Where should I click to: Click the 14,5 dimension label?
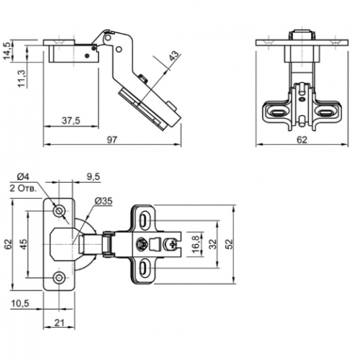6,51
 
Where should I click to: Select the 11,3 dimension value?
22,78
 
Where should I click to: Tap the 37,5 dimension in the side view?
71,120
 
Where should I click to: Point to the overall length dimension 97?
112,140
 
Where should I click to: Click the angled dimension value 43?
174,55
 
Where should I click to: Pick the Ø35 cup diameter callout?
104,201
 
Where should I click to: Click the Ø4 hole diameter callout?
23,177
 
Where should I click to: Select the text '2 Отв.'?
23,189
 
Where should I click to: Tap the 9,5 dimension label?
93,177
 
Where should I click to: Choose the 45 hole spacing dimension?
23,244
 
